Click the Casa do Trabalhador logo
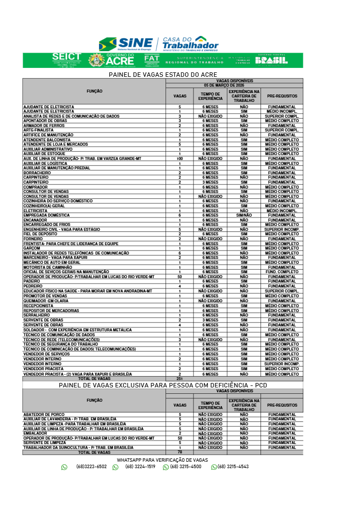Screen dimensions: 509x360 pyautogui.click(x=190, y=44)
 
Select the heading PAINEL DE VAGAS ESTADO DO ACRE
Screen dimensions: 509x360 pyautogui.click(x=163, y=74)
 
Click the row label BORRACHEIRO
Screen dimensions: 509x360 pyautogui.click(x=37, y=173)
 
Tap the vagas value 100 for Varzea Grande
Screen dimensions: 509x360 pyautogui.click(x=180, y=159)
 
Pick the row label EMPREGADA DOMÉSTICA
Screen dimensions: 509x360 pyautogui.click(x=47, y=215)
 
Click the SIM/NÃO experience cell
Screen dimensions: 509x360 pyautogui.click(x=244, y=215)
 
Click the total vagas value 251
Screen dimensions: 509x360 pyautogui.click(x=180, y=379)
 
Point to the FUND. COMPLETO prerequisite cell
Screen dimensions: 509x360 pyautogui.click(x=282, y=272)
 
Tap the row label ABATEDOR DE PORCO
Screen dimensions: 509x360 pyautogui.click(x=44, y=414)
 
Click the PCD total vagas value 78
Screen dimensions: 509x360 pyautogui.click(x=180, y=452)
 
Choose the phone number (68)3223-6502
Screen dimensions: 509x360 pyautogui.click(x=91, y=467)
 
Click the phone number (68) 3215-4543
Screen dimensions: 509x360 pyautogui.click(x=233, y=467)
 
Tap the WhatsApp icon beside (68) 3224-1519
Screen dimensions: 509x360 pyautogui.click(x=115, y=467)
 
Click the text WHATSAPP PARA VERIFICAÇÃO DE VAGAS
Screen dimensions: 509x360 pyautogui.click(x=163, y=460)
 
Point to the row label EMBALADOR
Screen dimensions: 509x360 pyautogui.click(x=35, y=433)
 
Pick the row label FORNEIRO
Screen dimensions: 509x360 pyautogui.click(x=33, y=239)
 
